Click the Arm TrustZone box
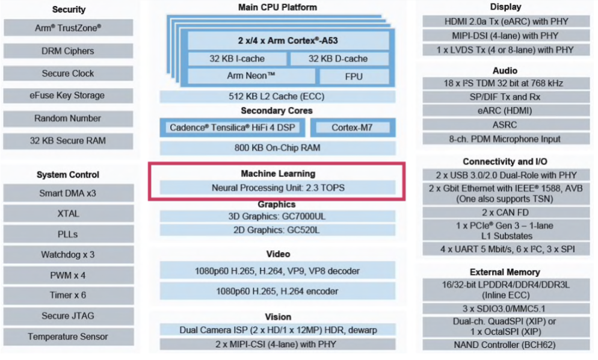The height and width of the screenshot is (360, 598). click(68, 28)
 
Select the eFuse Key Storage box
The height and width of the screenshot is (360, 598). click(68, 95)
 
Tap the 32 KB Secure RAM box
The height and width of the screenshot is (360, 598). click(68, 141)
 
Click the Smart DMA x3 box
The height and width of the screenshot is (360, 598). click(68, 193)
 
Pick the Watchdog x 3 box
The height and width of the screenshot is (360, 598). click(68, 255)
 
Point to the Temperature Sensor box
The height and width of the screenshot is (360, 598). click(68, 337)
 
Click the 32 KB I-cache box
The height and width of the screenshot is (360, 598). click(237, 58)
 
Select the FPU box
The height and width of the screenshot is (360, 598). click(354, 76)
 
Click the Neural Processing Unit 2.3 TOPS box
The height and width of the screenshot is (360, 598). click(277, 188)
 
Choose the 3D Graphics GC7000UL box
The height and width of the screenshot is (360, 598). click(277, 216)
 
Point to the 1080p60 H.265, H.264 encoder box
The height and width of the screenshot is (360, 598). click(277, 291)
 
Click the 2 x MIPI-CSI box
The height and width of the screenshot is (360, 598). click(277, 344)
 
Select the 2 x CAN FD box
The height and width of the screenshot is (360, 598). click(505, 213)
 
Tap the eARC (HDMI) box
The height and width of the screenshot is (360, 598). click(505, 111)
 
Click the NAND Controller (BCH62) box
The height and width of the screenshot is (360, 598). click(505, 345)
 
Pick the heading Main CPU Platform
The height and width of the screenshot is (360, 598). click(277, 7)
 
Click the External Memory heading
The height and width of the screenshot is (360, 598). click(505, 272)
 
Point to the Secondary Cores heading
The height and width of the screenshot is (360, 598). click(277, 111)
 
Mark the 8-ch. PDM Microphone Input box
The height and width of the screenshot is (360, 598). click(505, 138)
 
